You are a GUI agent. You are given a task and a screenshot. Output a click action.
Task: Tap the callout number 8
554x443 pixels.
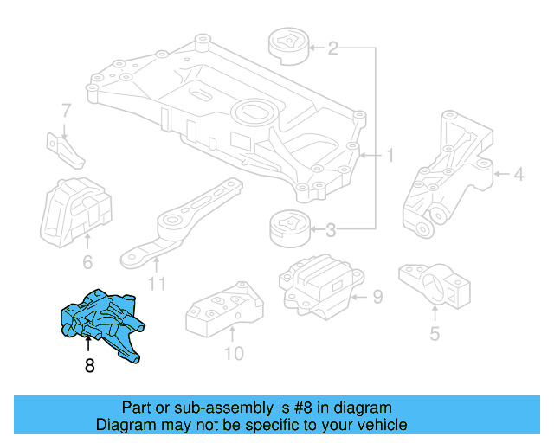[x=89, y=366]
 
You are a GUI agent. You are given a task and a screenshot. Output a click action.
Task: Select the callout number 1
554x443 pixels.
[x=390, y=156]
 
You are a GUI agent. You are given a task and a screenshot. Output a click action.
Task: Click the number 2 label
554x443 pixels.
[x=332, y=49]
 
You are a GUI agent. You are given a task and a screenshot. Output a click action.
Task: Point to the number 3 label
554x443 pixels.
[x=332, y=230]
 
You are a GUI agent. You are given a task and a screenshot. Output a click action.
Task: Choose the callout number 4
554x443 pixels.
[x=519, y=176]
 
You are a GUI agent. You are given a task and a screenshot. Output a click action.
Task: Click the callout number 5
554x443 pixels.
[x=435, y=331]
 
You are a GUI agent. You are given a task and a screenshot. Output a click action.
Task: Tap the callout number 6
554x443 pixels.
[x=87, y=262]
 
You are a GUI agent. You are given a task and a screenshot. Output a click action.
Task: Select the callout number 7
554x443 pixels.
[x=66, y=111]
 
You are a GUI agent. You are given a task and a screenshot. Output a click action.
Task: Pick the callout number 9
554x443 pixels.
[x=377, y=298]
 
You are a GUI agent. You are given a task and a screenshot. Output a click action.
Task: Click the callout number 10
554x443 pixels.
[x=234, y=353]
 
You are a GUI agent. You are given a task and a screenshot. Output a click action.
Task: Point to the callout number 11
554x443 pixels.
[x=156, y=282]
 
